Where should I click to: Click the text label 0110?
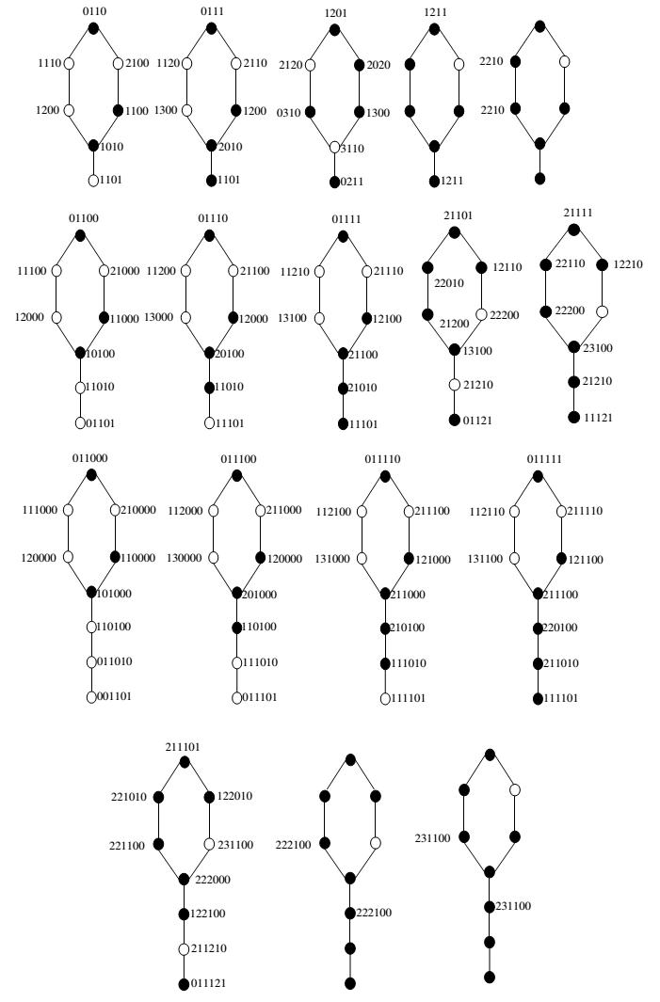coord(92,11)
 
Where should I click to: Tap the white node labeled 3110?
coord(334,147)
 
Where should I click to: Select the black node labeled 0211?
coord(334,182)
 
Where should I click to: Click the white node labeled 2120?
coord(310,65)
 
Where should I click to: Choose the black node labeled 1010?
coord(93,145)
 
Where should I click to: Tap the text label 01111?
coord(345,219)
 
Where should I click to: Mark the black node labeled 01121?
coord(454,419)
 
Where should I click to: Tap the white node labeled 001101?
coord(92,697)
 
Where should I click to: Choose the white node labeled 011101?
coord(237,697)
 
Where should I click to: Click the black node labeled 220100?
coord(538,628)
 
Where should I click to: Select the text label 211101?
coord(183,747)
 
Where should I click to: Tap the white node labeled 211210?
coord(185,948)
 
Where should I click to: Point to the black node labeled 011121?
coord(185,984)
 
